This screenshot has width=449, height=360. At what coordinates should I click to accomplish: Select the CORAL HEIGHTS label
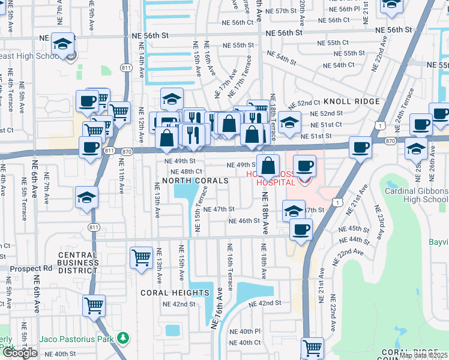click(x=174, y=293)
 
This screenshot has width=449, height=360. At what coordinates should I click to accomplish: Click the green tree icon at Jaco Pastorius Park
click(x=123, y=338)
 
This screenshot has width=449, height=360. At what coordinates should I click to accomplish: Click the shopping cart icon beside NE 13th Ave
click(x=141, y=258)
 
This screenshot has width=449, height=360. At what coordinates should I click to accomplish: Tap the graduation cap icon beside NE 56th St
click(x=62, y=44)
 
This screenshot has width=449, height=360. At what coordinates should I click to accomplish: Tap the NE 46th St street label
click(x=244, y=221)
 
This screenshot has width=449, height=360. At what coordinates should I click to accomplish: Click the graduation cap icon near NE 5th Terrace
click(x=86, y=197)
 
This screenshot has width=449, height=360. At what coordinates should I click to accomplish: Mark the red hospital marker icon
click(x=305, y=179)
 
